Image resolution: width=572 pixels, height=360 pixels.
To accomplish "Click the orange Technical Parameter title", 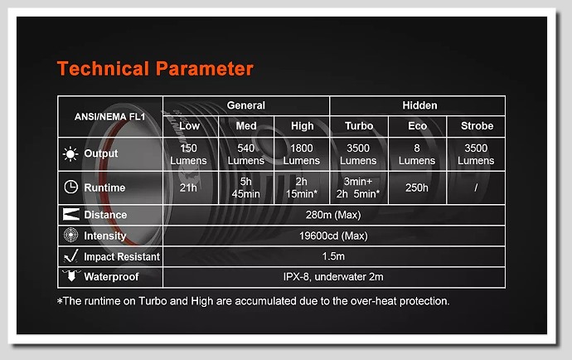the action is pos(155,69).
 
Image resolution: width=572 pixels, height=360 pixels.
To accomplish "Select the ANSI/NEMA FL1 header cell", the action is pos(109,117).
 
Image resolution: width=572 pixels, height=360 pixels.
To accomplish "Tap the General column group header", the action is pos(246,105).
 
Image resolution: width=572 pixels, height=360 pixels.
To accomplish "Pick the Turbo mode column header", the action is pos(359,126).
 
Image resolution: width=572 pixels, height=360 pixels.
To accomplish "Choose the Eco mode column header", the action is pos(417,126).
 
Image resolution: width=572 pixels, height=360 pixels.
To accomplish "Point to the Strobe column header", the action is pos(477,126).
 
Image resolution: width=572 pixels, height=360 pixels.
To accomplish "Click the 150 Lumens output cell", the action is pos(188,154).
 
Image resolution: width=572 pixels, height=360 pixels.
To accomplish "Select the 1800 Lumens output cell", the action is pos(301,154).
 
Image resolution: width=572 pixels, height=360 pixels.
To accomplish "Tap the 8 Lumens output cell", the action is pos(417,154).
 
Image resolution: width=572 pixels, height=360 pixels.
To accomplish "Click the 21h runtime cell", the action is pos(188,187).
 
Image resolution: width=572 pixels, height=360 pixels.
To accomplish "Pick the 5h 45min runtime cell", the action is pos(246,187).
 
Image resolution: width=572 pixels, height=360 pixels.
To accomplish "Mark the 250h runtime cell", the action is pos(417,187).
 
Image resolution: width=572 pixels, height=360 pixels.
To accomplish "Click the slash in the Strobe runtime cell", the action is pos(476,187).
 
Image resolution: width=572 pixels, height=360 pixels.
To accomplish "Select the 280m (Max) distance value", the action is pos(333,215).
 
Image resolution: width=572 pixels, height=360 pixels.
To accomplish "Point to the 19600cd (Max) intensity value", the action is pos(333,236).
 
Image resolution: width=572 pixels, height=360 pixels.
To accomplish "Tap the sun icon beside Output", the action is pos(70,154).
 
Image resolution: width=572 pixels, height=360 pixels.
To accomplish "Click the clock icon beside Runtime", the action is pos(71,187).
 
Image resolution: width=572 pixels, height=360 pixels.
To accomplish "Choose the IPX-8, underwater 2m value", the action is pos(333,277).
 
